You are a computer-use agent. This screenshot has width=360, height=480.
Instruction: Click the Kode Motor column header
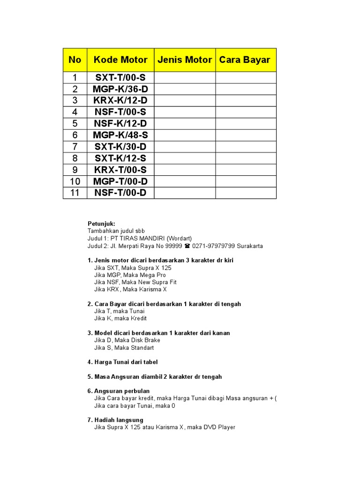click(x=120, y=60)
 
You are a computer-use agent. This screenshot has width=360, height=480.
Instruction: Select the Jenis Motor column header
click(x=185, y=60)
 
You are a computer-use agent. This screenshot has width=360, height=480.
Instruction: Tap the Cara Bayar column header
click(x=245, y=60)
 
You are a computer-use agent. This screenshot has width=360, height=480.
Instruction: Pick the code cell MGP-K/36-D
click(x=120, y=89)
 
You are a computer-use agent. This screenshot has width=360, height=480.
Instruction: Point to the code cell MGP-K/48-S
click(x=120, y=135)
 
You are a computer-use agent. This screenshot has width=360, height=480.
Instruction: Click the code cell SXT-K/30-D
click(x=120, y=147)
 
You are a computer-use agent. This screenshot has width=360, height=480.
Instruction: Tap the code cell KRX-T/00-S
click(x=120, y=170)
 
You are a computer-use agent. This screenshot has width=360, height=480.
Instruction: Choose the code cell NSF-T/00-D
click(x=120, y=193)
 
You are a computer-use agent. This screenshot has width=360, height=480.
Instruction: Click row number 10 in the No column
click(x=75, y=181)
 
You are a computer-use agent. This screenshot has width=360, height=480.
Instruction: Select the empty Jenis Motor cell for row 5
click(x=185, y=124)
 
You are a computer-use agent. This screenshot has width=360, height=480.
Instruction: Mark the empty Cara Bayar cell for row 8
click(x=246, y=158)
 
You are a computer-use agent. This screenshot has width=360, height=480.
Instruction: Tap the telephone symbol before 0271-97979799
click(x=187, y=246)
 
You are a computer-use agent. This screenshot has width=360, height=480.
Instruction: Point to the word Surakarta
click(x=250, y=246)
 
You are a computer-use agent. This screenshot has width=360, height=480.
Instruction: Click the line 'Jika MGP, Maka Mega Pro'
click(x=130, y=275)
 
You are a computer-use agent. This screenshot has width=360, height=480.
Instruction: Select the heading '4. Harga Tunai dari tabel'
click(x=122, y=362)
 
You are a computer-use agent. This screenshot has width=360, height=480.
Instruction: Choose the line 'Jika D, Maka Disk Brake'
click(x=127, y=340)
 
